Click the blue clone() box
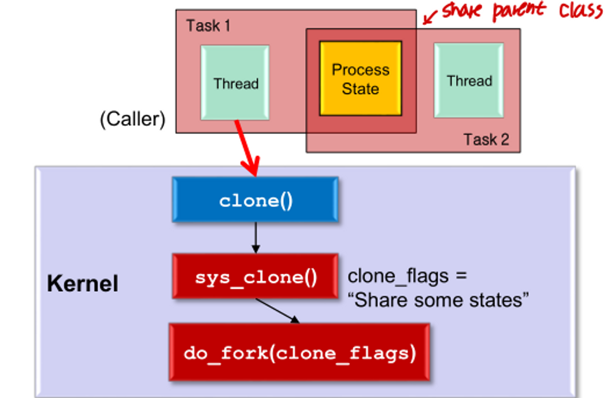255,200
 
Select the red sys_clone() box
255,276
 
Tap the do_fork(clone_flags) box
299,352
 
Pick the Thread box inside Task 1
235,83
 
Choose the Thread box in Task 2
469,80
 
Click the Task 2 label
486,140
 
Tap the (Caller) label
133,119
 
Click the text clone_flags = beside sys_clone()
406,276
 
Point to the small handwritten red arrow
429,17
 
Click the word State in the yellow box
360,89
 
